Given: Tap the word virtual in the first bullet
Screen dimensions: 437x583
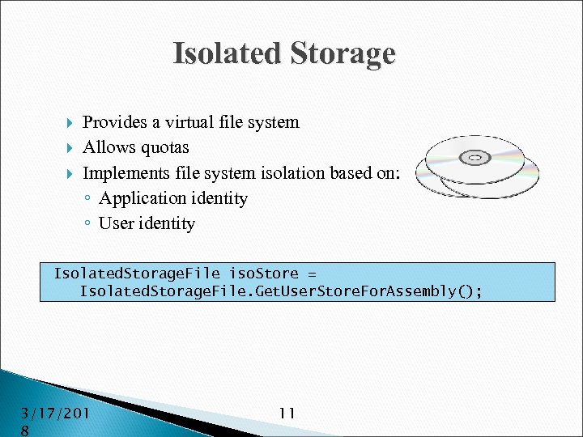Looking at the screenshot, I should point(191,122).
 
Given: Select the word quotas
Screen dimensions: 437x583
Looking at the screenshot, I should point(164,147).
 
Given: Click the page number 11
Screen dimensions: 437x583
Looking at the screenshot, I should point(287,414).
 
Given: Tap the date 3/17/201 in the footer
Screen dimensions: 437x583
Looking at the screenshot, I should point(56,414).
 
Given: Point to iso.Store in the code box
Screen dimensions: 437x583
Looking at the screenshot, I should point(264,274).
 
